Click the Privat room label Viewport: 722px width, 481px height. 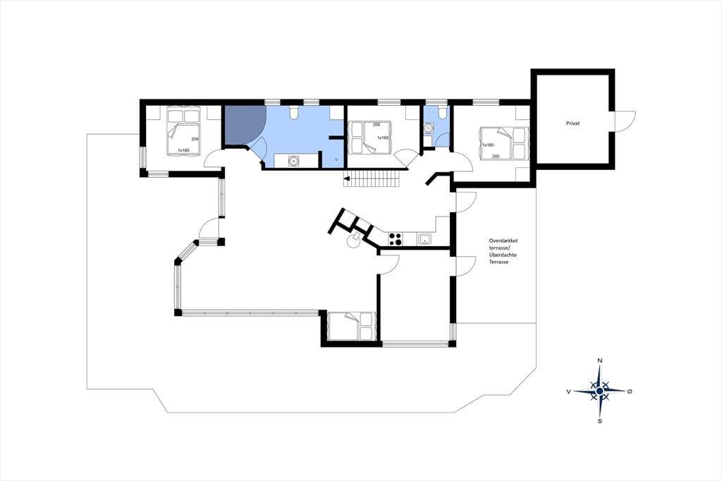[x=573, y=123]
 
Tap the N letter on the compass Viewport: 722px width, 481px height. [x=599, y=360]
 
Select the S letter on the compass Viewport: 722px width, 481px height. [x=599, y=421]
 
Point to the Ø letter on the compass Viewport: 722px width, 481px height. [x=630, y=391]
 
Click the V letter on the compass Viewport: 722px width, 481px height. [x=569, y=391]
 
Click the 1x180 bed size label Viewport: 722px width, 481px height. [x=184, y=150]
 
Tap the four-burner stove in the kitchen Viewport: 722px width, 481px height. [x=395, y=238]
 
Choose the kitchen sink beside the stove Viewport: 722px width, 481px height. [x=424, y=238]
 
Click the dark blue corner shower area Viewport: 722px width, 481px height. [x=243, y=124]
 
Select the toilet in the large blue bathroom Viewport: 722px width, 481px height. [x=293, y=112]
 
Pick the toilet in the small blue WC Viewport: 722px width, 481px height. [x=441, y=112]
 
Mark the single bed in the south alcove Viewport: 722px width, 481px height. [x=351, y=327]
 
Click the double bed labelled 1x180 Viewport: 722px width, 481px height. [x=184, y=131]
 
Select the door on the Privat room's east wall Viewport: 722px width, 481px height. [x=625, y=121]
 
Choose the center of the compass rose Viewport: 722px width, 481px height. [x=599, y=391]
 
